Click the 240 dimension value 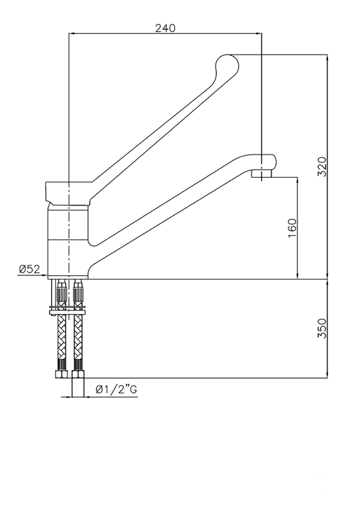click(165, 29)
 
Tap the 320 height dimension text click(322, 166)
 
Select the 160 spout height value click(293, 228)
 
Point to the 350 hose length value click(322, 328)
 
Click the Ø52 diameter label click(30, 269)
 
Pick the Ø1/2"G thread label click(116, 389)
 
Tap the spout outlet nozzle click(262, 173)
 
